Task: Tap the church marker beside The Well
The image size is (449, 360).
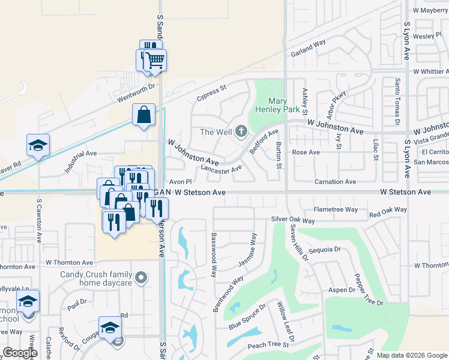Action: pos(241,131)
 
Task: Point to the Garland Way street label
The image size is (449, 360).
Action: pos(308,47)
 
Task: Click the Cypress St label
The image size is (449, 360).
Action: pos(211,92)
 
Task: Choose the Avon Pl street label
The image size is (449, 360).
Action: pos(179,181)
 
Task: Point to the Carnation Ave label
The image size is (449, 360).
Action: pos(336,181)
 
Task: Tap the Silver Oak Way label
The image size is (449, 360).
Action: pos(293,220)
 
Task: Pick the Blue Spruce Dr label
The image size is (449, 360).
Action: pos(247,319)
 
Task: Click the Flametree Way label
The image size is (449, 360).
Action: pos(336,209)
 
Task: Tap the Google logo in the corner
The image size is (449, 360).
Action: pos(20,353)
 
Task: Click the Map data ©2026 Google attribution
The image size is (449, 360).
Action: pos(411,355)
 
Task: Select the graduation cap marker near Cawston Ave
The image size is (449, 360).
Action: pos(38,145)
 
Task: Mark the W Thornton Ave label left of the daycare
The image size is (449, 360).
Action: pos(69,263)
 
